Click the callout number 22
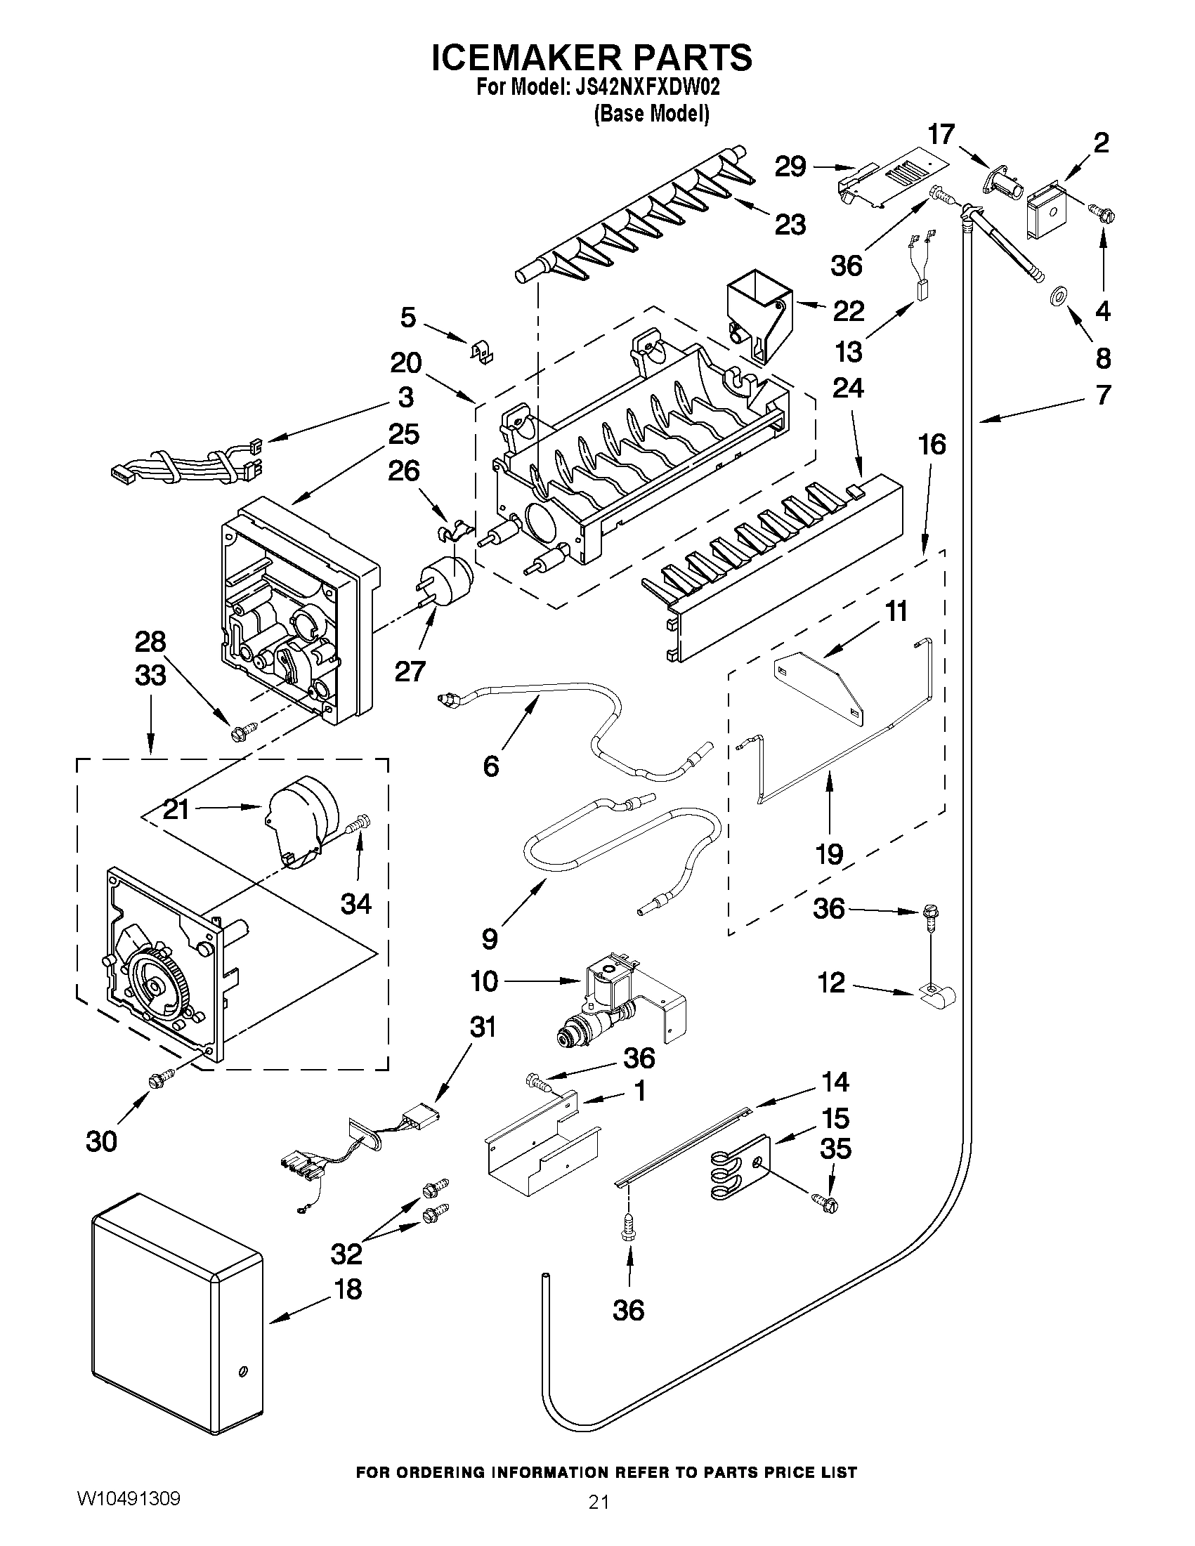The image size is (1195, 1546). click(849, 310)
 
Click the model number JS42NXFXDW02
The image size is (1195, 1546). click(644, 88)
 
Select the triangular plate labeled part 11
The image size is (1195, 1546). click(819, 687)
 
